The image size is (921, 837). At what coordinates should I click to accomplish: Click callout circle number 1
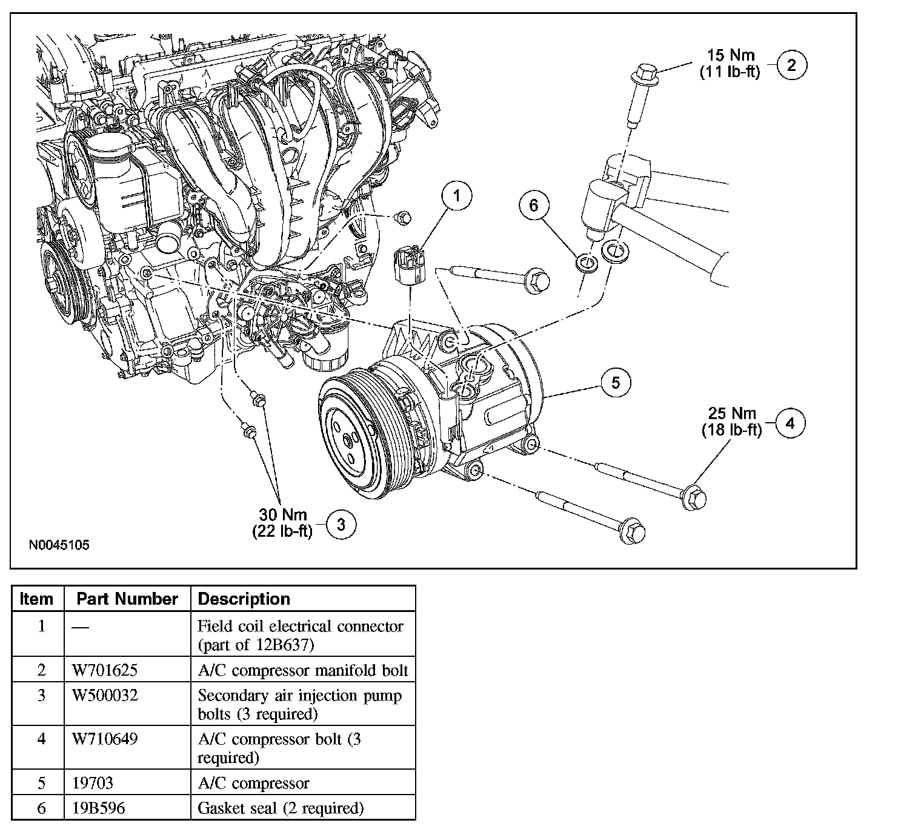[456, 196]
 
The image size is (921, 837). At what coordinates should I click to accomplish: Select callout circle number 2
[791, 65]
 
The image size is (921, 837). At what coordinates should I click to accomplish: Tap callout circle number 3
[341, 525]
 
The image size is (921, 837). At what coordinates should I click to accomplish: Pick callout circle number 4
[790, 423]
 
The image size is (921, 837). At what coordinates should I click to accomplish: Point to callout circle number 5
[616, 383]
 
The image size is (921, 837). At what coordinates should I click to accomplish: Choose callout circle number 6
[533, 205]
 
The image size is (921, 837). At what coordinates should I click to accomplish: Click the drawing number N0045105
[59, 545]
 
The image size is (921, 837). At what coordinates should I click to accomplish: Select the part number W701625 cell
[105, 670]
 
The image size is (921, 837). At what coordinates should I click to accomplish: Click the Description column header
[244, 599]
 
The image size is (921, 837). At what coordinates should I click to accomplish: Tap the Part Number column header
[127, 599]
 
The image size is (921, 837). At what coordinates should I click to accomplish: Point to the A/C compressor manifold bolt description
[303, 670]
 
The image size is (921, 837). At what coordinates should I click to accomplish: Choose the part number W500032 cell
[105, 696]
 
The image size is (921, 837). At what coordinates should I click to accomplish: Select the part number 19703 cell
[92, 783]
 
